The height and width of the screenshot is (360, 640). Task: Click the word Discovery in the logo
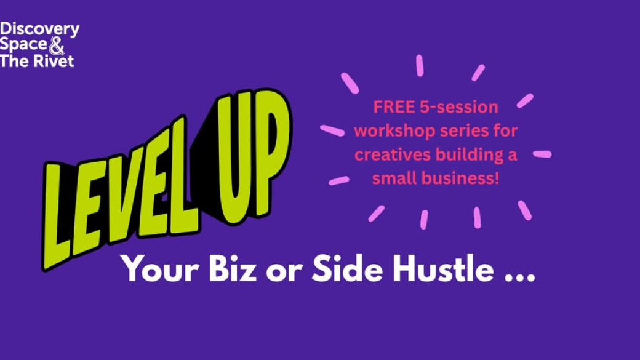[39, 30]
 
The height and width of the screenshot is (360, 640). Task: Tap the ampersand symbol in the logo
[57, 46]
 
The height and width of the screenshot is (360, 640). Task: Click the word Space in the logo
[23, 45]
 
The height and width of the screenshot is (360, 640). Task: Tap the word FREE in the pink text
[394, 107]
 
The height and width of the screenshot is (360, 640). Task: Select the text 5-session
[459, 107]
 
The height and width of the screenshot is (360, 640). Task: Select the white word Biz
[233, 268]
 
